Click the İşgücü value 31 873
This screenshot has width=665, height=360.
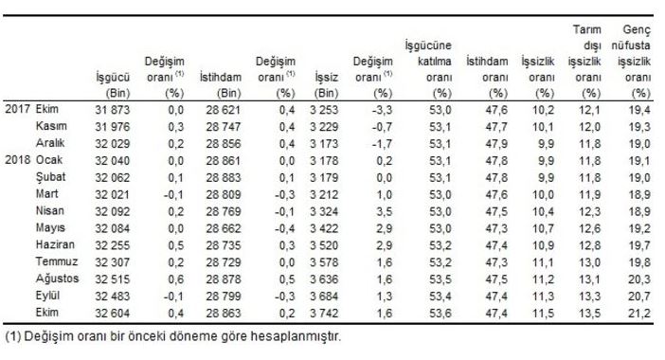tap(113, 110)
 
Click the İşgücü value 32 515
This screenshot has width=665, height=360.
tap(113, 279)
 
